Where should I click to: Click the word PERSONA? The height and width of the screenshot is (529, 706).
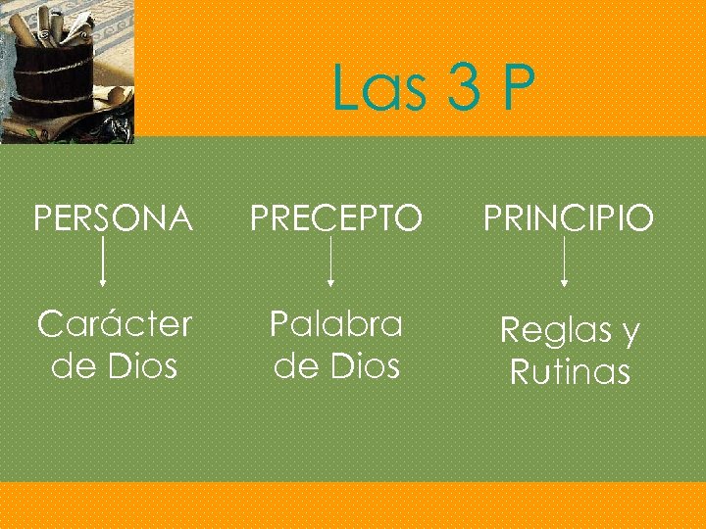(113, 218)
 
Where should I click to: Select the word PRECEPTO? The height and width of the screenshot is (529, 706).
(336, 218)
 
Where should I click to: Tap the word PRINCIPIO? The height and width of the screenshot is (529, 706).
(568, 218)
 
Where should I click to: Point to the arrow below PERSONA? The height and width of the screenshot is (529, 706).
(104, 264)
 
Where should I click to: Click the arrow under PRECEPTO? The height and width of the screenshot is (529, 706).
(331, 264)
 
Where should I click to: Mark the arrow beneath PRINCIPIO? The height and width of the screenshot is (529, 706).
(563, 264)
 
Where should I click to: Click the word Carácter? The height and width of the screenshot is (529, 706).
(115, 324)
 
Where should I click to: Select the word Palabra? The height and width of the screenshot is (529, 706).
(336, 323)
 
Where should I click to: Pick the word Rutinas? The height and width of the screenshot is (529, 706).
(570, 372)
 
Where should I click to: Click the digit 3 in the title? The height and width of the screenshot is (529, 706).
(461, 89)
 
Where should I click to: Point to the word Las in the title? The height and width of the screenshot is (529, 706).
(378, 89)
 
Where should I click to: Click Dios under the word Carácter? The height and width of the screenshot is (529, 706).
(141, 366)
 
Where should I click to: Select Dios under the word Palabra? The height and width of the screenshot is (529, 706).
(364, 366)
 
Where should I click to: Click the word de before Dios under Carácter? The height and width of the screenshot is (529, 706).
(72, 366)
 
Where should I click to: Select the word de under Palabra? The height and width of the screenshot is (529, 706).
(293, 366)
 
